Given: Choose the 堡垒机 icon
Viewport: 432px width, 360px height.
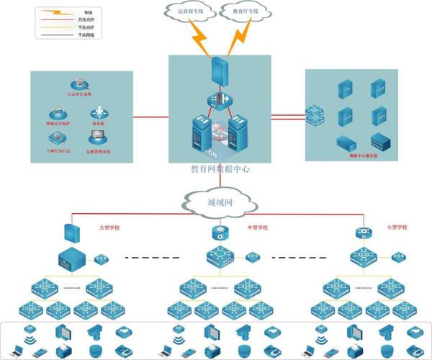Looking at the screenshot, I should click(99, 112).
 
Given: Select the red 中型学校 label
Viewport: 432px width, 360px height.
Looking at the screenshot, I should click(257, 228).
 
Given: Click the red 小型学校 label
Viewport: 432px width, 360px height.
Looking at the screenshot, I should click(395, 228).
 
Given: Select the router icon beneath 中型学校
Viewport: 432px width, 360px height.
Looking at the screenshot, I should click(220, 233).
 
